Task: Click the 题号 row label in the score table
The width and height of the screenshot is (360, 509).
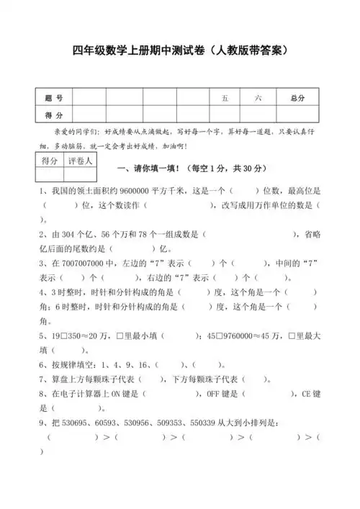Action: click(x=53, y=97)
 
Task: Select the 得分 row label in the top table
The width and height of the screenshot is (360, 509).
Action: click(x=53, y=115)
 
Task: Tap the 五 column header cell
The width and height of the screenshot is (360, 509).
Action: click(x=225, y=97)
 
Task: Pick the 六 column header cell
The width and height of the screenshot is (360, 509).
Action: click(x=258, y=97)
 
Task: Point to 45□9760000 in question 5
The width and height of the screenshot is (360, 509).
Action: click(x=237, y=335)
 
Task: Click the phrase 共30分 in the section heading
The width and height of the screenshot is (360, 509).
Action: click(x=249, y=168)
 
